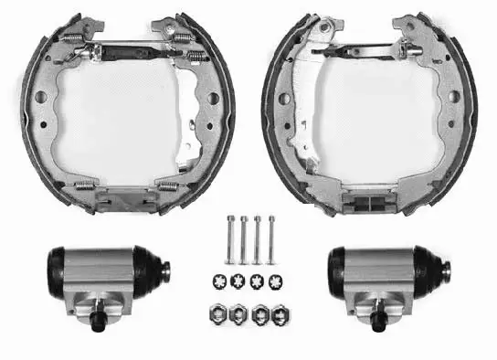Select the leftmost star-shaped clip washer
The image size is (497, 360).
(220, 280)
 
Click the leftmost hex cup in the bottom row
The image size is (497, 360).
(220, 312)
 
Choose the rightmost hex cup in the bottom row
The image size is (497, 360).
(272, 312)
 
